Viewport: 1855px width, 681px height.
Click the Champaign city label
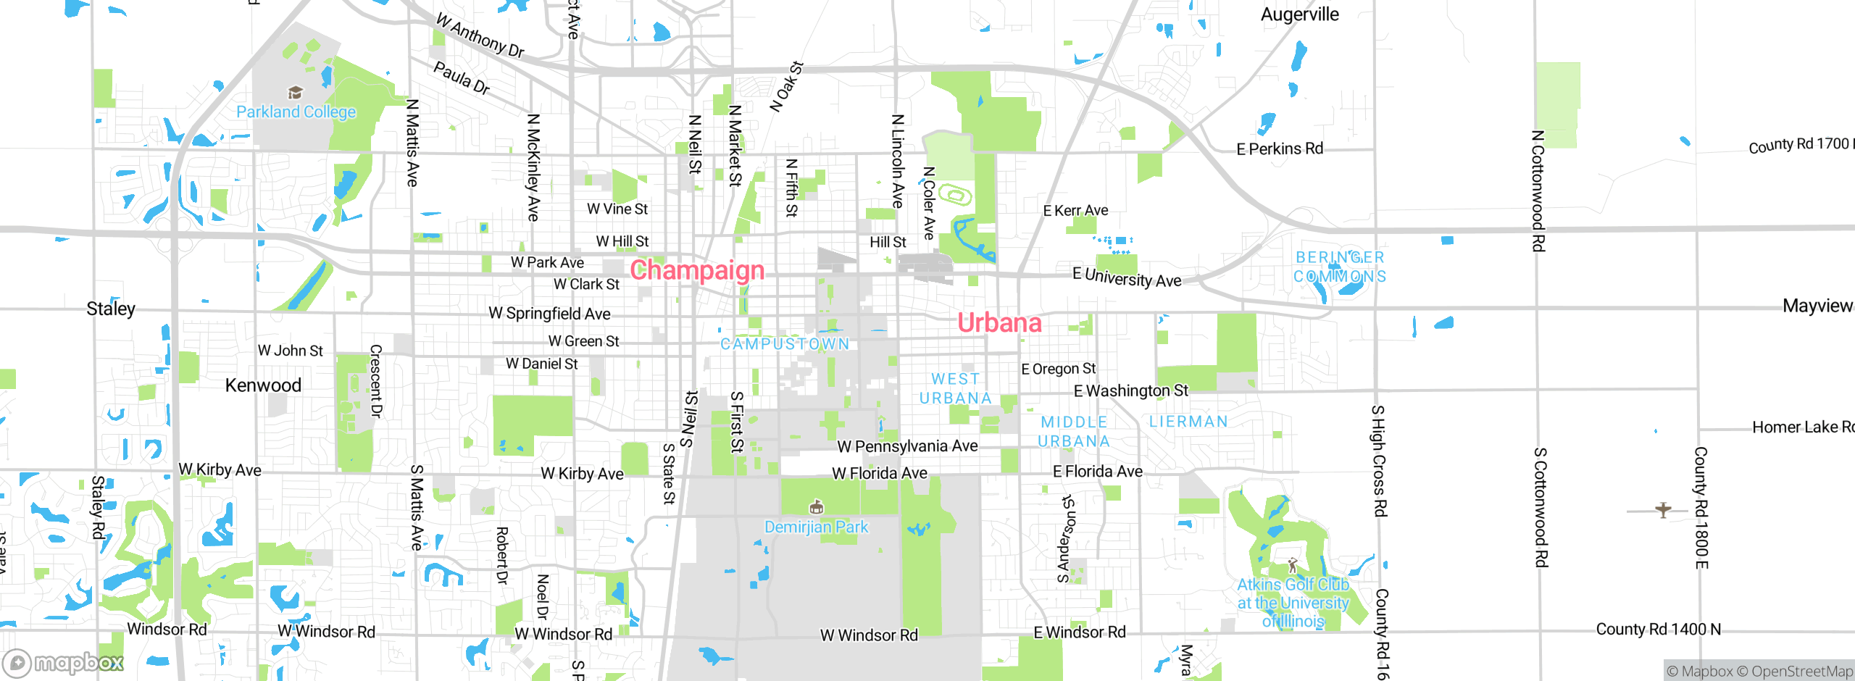point(697,270)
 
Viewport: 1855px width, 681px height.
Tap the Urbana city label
point(999,322)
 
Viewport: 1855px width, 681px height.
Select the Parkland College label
point(296,112)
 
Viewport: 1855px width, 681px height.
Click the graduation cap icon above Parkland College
point(295,93)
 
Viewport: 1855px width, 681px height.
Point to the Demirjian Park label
point(816,527)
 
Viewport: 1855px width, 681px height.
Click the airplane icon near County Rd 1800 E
point(1663,510)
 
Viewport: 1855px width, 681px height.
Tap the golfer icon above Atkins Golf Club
point(1293,565)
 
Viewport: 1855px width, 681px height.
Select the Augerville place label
point(1300,14)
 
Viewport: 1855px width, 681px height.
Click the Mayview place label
point(1817,306)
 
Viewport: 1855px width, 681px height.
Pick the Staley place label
point(111,309)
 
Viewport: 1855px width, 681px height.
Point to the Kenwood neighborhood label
point(263,385)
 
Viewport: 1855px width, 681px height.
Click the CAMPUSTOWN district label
point(785,343)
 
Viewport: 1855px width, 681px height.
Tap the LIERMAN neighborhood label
point(1188,422)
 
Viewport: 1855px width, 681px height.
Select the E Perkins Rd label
point(1280,149)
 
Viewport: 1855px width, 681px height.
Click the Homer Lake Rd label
point(1802,427)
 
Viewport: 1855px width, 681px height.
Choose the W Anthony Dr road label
point(480,35)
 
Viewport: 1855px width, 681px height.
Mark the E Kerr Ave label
point(1075,211)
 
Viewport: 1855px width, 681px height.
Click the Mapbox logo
point(64,662)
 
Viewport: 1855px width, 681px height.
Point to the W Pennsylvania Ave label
point(907,446)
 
